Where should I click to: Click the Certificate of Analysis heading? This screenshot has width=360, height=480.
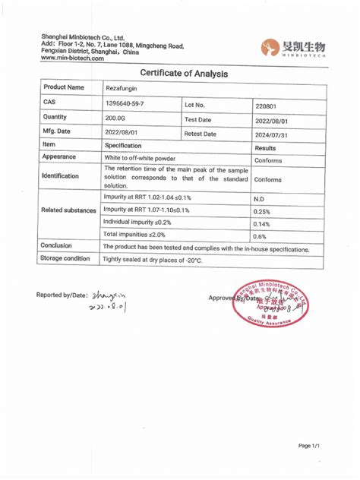point(179,73)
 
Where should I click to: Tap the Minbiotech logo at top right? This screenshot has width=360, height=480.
point(292,48)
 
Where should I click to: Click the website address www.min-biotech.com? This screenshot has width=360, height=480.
point(72,58)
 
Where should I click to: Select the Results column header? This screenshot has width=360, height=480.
point(265,148)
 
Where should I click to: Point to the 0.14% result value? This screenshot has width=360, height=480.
point(263,224)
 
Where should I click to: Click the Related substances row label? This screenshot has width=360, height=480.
point(68,209)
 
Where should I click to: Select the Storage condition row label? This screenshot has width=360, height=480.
point(65,258)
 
